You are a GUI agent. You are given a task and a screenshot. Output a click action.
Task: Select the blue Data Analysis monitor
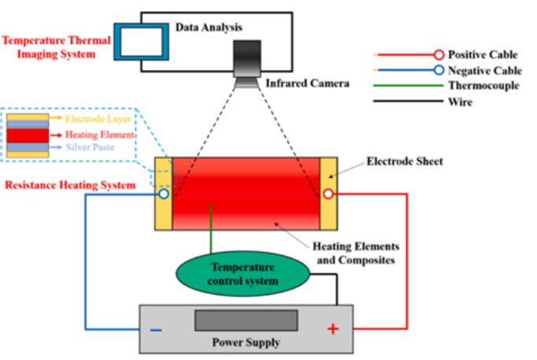pos(142,42)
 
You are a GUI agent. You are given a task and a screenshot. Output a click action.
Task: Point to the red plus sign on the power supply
pos(333,328)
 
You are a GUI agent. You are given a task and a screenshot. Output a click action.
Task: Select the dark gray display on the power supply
pos(246,321)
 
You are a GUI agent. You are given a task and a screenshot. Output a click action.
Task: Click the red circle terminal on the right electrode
pos(328,195)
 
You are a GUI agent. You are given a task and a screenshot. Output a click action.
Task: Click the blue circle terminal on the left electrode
pos(164,194)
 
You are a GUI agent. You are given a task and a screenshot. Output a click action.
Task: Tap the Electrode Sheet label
pos(405,161)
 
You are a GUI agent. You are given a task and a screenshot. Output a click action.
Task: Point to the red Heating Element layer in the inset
pos(28,134)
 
